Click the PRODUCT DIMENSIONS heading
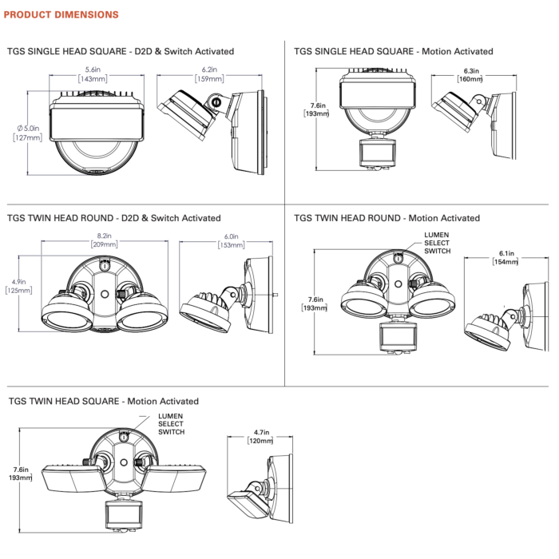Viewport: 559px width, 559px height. pyautogui.click(x=61, y=14)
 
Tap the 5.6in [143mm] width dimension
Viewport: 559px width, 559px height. pyautogui.click(x=93, y=74)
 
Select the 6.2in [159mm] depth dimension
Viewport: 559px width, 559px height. pyautogui.click(x=209, y=74)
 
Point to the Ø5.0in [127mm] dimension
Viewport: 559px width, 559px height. pyautogui.click(x=28, y=133)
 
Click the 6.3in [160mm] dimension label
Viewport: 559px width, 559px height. pyautogui.click(x=470, y=75)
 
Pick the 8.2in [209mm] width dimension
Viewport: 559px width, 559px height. pyautogui.click(x=104, y=240)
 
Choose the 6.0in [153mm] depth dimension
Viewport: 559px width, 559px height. pyautogui.click(x=231, y=240)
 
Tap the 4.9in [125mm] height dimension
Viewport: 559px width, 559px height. pyautogui.click(x=19, y=286)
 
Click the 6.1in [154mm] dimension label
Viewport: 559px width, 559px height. pyautogui.click(x=505, y=257)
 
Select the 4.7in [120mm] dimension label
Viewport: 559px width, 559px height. pyautogui.click(x=261, y=436)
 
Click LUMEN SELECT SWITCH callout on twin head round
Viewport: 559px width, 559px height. pyautogui.click(x=438, y=243)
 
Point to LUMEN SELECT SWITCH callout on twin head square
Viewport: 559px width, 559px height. pyautogui.click(x=171, y=424)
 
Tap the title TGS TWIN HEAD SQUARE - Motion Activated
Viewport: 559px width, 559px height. pyautogui.click(x=103, y=401)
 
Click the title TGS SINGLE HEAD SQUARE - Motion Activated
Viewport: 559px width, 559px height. pyautogui.click(x=393, y=51)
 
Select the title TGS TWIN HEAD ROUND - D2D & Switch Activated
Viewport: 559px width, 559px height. pyautogui.click(x=113, y=218)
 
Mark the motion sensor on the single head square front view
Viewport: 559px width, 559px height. pyautogui.click(x=378, y=153)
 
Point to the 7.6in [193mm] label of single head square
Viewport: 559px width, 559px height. pyautogui.click(x=316, y=109)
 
